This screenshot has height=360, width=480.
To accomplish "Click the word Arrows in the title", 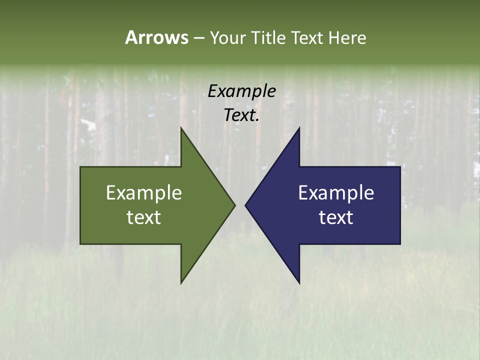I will coord(156,37).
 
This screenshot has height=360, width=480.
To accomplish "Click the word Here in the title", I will coord(347,37).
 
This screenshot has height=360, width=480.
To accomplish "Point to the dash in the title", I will coord(198,38).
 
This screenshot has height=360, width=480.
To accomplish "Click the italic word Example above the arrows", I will coord(242,91).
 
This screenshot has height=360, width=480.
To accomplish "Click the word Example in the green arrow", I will coord(144,193).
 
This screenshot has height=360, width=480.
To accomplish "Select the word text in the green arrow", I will coord(144,217).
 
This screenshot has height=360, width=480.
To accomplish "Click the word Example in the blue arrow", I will coord(336,193).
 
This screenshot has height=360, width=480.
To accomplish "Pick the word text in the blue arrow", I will coord(336,217).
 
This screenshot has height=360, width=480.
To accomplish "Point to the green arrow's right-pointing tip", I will coord(234,205).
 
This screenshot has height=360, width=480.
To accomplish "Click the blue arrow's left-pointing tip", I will coord(245,205).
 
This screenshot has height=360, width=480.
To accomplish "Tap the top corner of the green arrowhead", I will coord(181,128).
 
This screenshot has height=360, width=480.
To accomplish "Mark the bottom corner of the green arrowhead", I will coord(181,283).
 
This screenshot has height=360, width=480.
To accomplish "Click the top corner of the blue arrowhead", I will coord(299,128).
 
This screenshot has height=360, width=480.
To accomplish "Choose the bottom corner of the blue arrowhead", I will coord(299,283).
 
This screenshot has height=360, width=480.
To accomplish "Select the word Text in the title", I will coord(306,37).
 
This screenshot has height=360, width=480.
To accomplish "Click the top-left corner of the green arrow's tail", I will coord(80,167).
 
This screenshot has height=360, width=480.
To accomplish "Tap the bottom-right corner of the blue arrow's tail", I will coord(400,244).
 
